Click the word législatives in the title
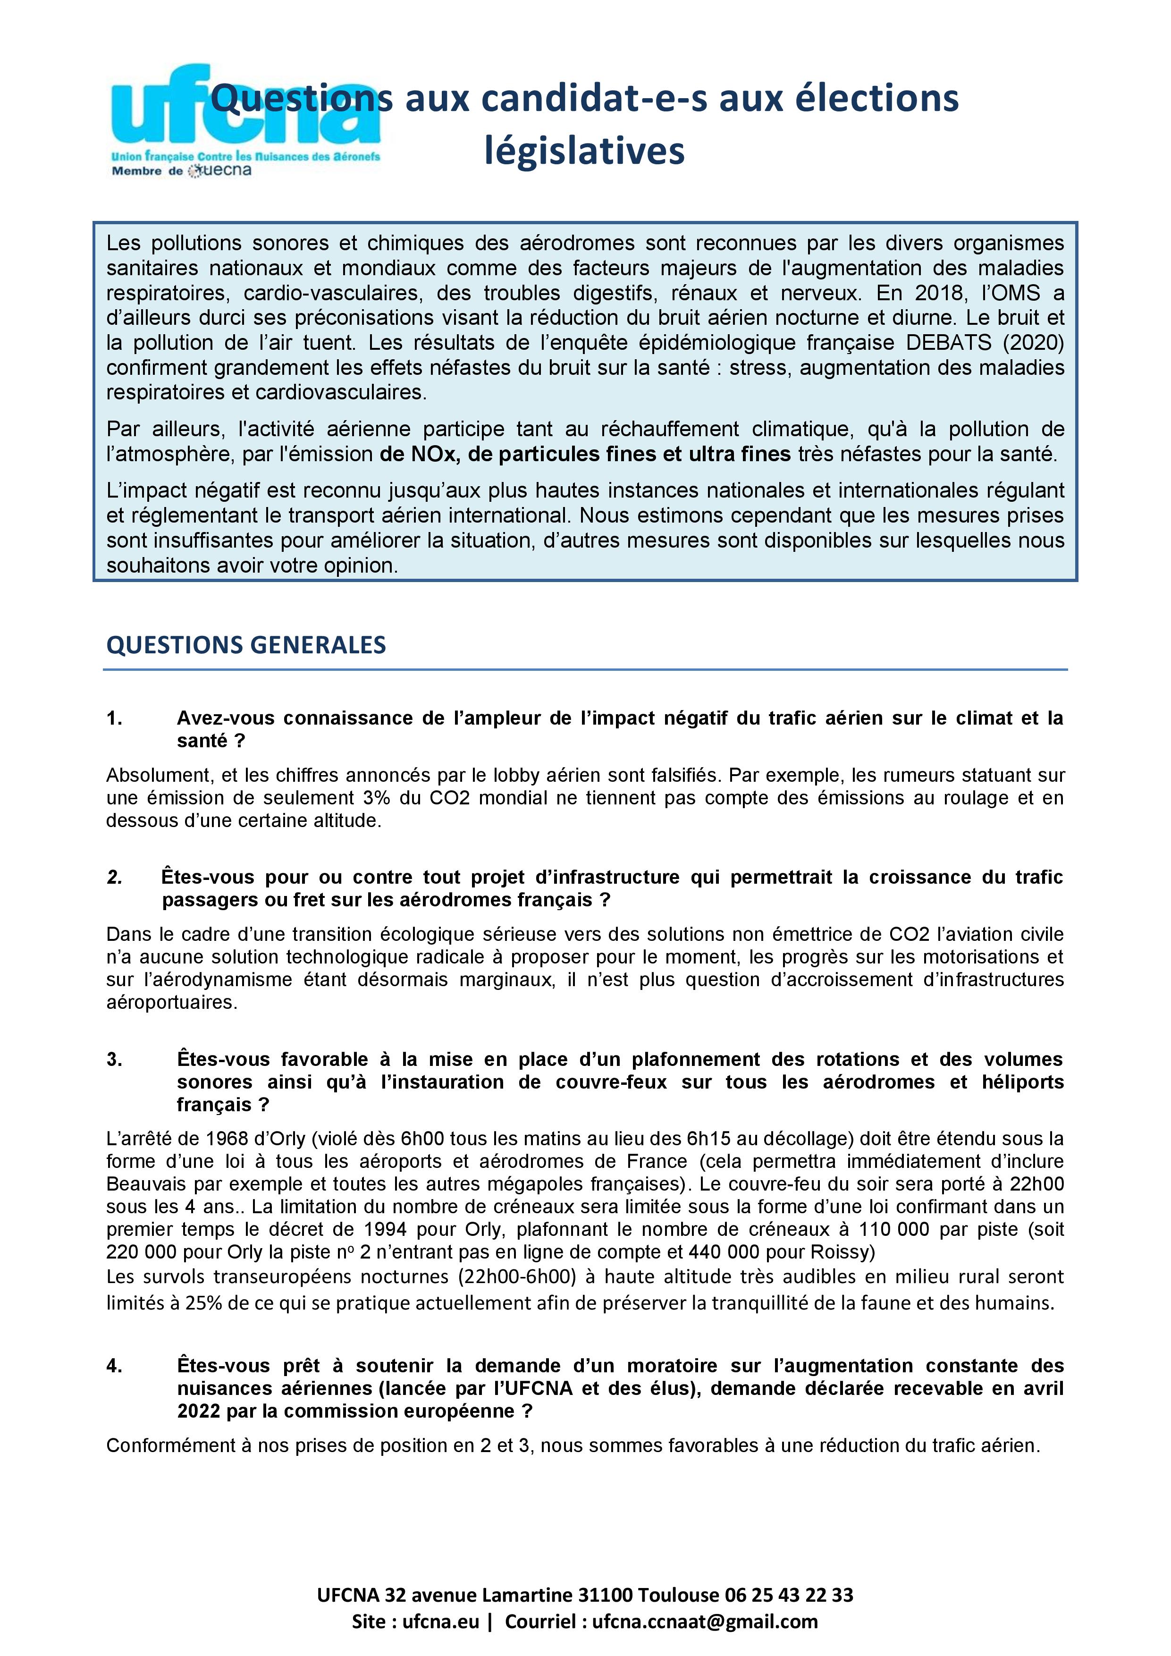584,151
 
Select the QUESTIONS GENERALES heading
246,644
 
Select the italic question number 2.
114,878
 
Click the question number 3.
114,1059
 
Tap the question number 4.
114,1366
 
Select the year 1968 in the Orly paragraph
232,1139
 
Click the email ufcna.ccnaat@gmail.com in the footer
705,1622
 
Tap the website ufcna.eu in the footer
440,1622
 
